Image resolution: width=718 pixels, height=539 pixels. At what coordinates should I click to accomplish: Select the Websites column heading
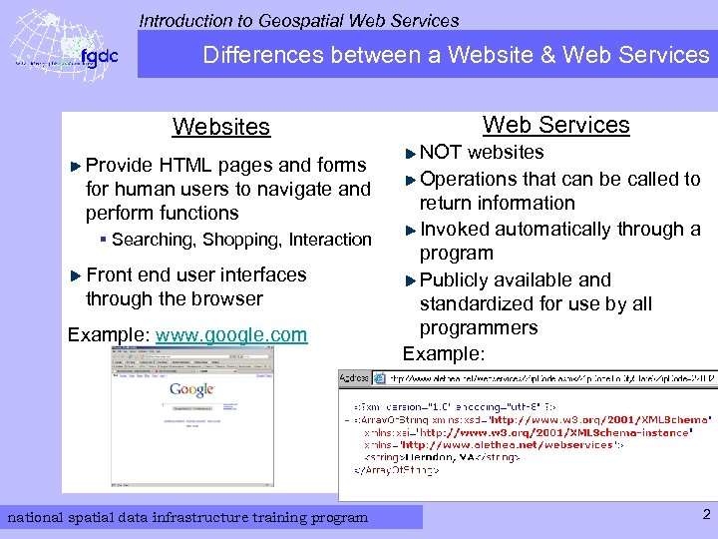click(x=220, y=127)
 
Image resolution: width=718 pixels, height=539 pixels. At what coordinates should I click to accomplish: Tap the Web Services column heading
click(x=555, y=125)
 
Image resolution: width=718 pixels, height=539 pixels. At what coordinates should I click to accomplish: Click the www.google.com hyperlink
click(x=231, y=335)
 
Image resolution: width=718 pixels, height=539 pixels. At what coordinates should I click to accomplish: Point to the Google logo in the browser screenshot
click(x=191, y=389)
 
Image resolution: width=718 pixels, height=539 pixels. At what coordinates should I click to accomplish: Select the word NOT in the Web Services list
click(x=441, y=153)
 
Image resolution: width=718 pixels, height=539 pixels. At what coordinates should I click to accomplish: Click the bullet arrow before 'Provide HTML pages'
click(x=78, y=166)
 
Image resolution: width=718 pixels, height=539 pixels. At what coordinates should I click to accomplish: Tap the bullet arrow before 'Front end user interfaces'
click(x=78, y=275)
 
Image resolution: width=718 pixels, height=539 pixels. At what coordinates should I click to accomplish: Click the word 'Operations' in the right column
click(x=469, y=180)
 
